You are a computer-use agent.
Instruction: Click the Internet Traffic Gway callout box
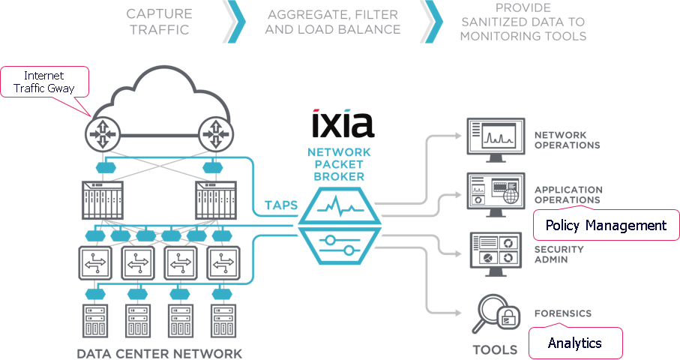[45, 82]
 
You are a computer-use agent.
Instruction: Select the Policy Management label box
[605, 225]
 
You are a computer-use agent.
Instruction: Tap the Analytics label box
[575, 343]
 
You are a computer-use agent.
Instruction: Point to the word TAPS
[280, 204]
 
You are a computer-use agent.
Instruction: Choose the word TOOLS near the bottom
[494, 349]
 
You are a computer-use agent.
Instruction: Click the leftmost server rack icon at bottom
[95, 322]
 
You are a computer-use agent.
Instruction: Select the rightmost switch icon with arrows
[222, 263]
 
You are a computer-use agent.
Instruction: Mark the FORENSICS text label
[563, 313]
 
